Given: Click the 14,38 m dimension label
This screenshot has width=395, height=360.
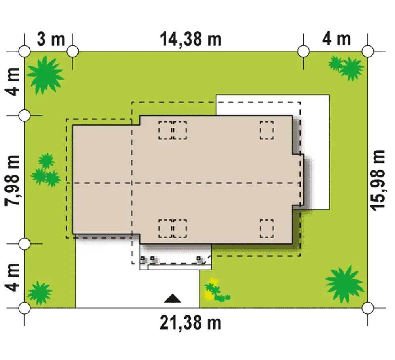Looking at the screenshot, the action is [x=191, y=40].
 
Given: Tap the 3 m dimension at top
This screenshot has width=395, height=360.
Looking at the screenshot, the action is [x=51, y=40].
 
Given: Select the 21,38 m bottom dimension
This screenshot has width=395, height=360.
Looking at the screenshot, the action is [x=190, y=323].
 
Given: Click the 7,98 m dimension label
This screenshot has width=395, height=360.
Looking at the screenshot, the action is [x=12, y=180].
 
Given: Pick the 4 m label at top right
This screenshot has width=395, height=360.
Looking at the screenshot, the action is [x=337, y=39].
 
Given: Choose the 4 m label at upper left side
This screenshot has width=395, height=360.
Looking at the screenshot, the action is [x=12, y=82].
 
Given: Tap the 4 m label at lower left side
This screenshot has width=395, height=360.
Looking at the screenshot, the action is [x=12, y=277].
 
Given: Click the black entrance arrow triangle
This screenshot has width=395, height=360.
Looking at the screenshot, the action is [x=173, y=298].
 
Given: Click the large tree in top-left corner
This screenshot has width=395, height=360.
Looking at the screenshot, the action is [x=45, y=75].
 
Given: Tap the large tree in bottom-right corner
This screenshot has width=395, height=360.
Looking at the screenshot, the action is [x=344, y=284].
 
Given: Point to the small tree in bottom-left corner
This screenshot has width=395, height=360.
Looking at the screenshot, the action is [x=39, y=293].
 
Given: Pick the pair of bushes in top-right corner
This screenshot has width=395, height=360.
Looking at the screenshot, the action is [x=346, y=67].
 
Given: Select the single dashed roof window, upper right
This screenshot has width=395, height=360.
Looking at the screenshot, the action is [x=267, y=130].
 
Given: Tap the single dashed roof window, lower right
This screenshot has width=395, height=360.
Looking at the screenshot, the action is [x=267, y=228].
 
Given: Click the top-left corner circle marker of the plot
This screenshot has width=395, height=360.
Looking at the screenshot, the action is [x=24, y=51].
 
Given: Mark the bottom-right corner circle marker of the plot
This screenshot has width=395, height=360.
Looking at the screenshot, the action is [x=367, y=308].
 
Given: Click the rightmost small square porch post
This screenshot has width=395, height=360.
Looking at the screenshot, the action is [x=199, y=258].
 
